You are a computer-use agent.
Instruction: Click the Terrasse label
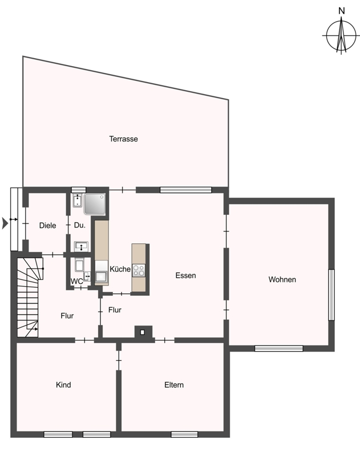(x=123, y=139)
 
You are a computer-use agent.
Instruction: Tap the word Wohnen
(x=282, y=279)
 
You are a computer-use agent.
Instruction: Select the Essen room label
(x=185, y=275)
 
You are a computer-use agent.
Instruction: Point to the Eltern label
(x=174, y=385)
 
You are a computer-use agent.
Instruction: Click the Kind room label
(x=63, y=385)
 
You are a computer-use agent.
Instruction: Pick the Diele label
(x=48, y=225)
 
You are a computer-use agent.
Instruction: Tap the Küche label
(x=120, y=269)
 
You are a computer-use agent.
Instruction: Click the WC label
(x=77, y=282)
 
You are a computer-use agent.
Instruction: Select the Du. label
(x=80, y=225)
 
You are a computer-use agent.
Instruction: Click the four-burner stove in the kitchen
(x=139, y=270)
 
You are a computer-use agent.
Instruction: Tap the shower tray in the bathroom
(x=95, y=204)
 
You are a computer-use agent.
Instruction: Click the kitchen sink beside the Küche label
(x=102, y=276)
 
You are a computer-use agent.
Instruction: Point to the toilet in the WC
(x=79, y=264)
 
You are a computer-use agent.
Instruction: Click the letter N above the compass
(x=342, y=11)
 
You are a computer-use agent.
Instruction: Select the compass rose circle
(x=341, y=35)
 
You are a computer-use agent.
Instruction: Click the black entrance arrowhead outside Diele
(x=5, y=223)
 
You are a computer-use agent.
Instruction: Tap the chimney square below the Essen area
(x=142, y=332)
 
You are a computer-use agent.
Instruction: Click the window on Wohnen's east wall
(x=331, y=295)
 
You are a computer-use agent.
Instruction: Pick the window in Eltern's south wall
(x=184, y=434)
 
